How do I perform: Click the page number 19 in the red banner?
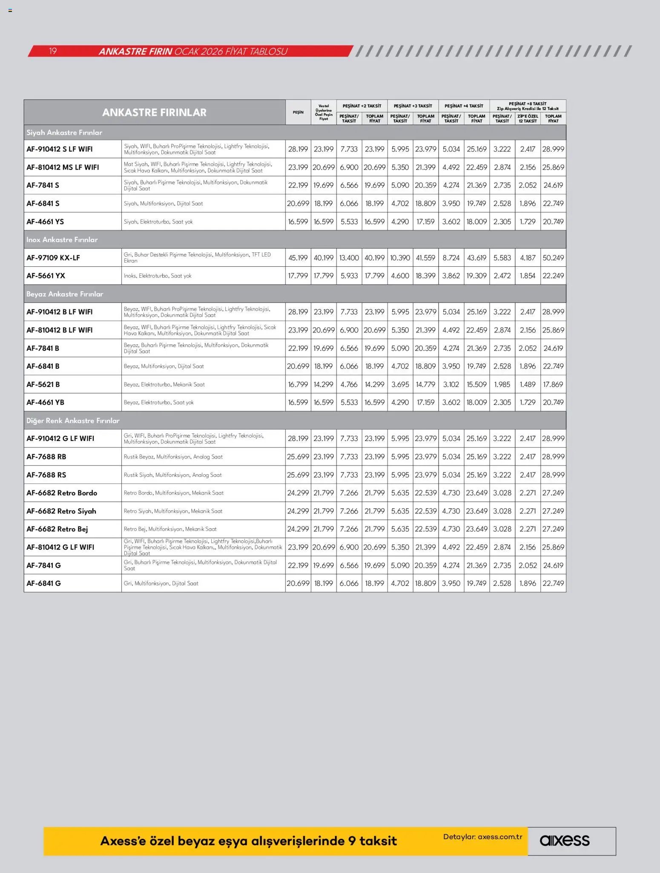click(53, 52)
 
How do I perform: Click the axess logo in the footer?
click(564, 841)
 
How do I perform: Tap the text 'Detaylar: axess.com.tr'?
click(482, 837)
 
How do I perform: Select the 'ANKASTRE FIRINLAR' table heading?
click(154, 112)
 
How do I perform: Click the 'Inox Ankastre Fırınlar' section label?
click(62, 240)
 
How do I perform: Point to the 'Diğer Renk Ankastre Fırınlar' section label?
click(73, 421)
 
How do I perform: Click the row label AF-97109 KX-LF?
click(53, 258)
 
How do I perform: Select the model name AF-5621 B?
click(43, 384)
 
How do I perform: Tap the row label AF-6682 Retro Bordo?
click(62, 493)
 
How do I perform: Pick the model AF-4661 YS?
click(45, 222)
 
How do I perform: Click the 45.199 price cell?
click(298, 258)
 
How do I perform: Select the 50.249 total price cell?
click(553, 258)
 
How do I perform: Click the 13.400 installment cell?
click(349, 258)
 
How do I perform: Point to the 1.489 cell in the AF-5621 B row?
click(528, 384)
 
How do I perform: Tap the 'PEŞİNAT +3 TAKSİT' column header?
click(413, 106)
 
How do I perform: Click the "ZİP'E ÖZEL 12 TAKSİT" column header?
click(528, 118)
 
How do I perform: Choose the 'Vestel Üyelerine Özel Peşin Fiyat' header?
click(324, 112)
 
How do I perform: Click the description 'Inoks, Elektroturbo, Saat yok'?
click(158, 276)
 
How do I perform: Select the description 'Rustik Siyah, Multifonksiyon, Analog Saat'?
click(172, 475)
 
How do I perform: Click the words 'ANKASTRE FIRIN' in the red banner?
click(135, 52)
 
